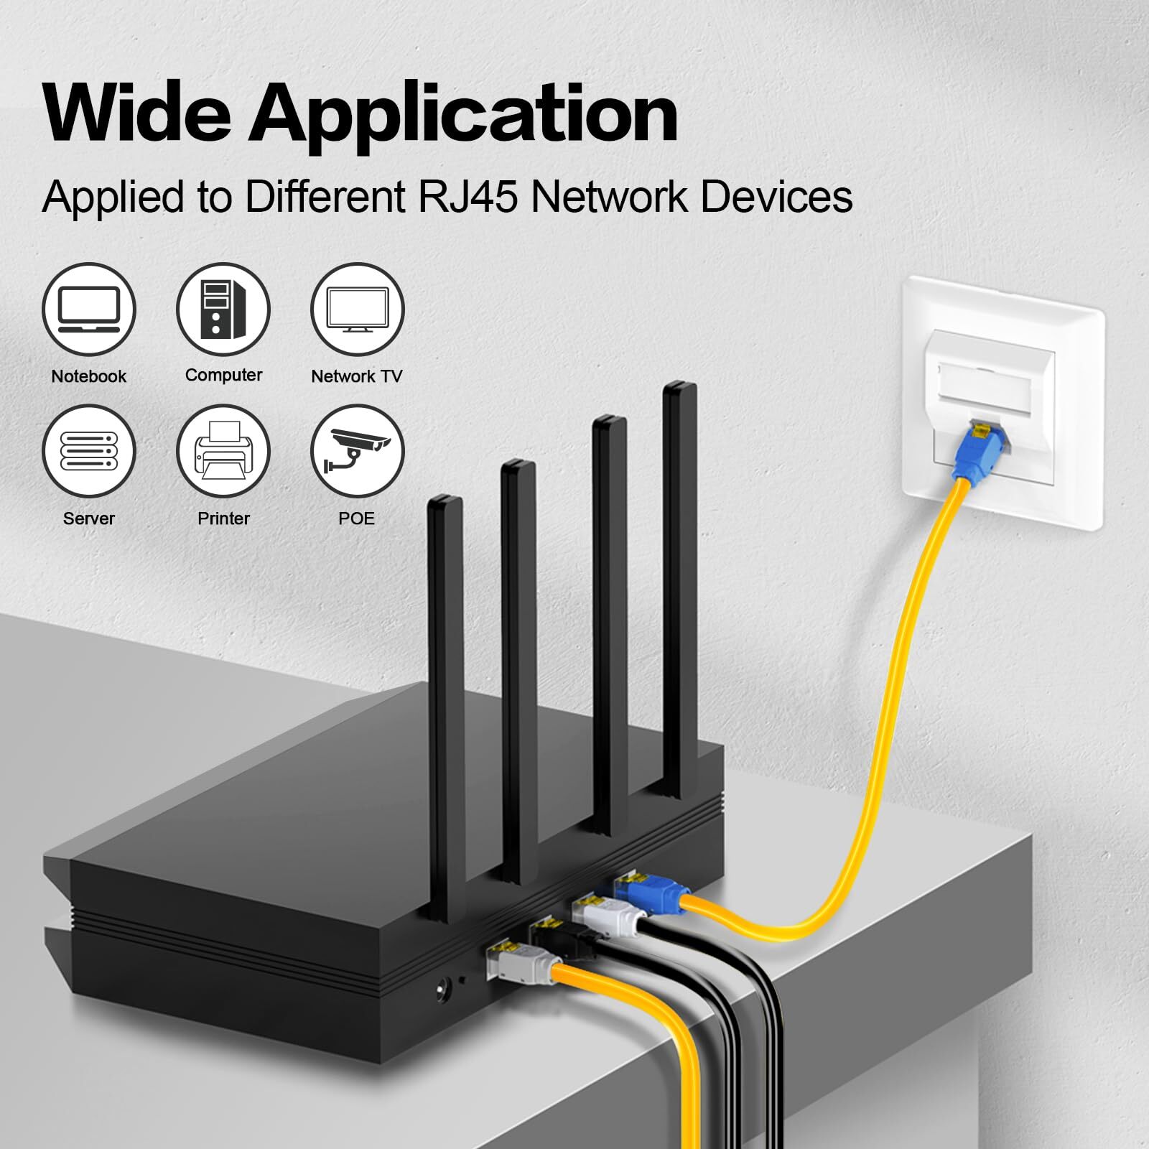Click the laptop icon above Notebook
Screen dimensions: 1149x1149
[x=89, y=310]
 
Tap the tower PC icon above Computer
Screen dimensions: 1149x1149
[x=223, y=310]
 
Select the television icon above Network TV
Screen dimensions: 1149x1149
[x=357, y=310]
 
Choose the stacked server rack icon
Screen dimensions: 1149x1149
[x=89, y=451]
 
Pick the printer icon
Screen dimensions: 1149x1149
[x=223, y=451]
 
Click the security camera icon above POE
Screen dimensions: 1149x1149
[x=357, y=451]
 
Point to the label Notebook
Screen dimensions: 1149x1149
[x=89, y=376]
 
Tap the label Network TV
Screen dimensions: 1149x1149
[x=357, y=376]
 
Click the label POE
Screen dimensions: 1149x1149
[x=357, y=518]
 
